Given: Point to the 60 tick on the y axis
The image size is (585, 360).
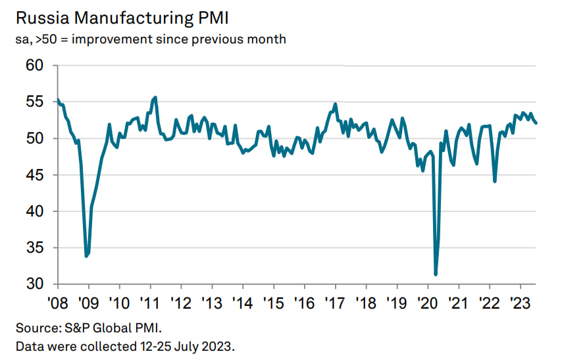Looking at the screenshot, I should (34, 66).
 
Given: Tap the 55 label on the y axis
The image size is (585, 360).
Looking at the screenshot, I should (34, 102).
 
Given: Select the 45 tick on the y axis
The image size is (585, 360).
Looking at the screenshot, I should (34, 175).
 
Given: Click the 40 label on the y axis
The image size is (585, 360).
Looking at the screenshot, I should (34, 211).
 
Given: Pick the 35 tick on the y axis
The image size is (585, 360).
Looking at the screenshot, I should (34, 248).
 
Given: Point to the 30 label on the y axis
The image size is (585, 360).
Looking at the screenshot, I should (34, 284).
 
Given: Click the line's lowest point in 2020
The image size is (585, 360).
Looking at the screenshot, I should (436, 274).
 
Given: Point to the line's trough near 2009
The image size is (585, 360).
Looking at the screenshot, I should (86, 256).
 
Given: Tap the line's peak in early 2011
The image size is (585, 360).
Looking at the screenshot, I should (155, 97).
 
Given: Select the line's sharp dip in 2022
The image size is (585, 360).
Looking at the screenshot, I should (494, 181).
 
